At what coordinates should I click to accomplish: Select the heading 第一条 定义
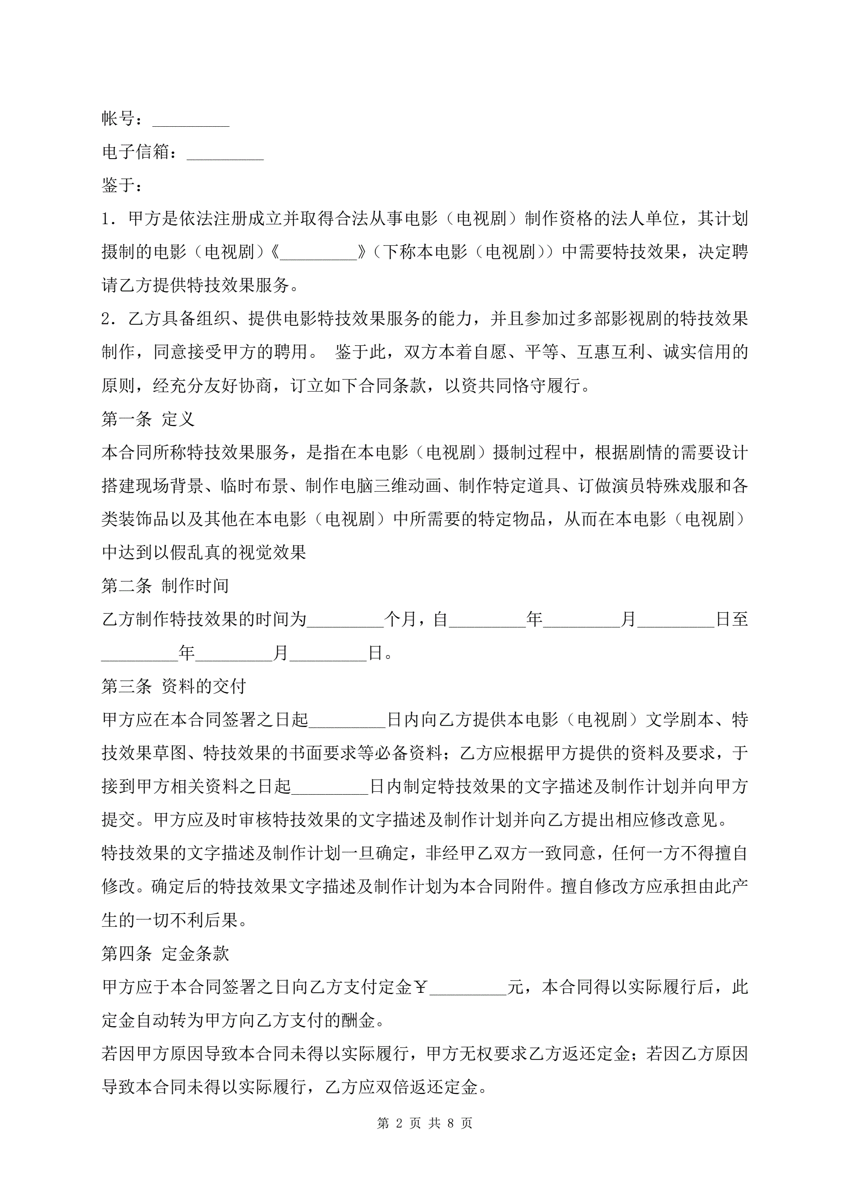pyautogui.click(x=148, y=419)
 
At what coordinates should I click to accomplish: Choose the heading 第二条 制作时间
pyautogui.click(x=165, y=586)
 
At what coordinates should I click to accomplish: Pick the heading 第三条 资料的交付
pyautogui.click(x=173, y=687)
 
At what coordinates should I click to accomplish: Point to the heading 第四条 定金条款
pyautogui.click(x=165, y=953)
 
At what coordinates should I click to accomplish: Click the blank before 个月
pyautogui.click(x=345, y=620)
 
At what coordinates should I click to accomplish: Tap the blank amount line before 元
pyautogui.click(x=469, y=989)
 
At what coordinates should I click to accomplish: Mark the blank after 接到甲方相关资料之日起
pyautogui.click(x=330, y=788)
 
